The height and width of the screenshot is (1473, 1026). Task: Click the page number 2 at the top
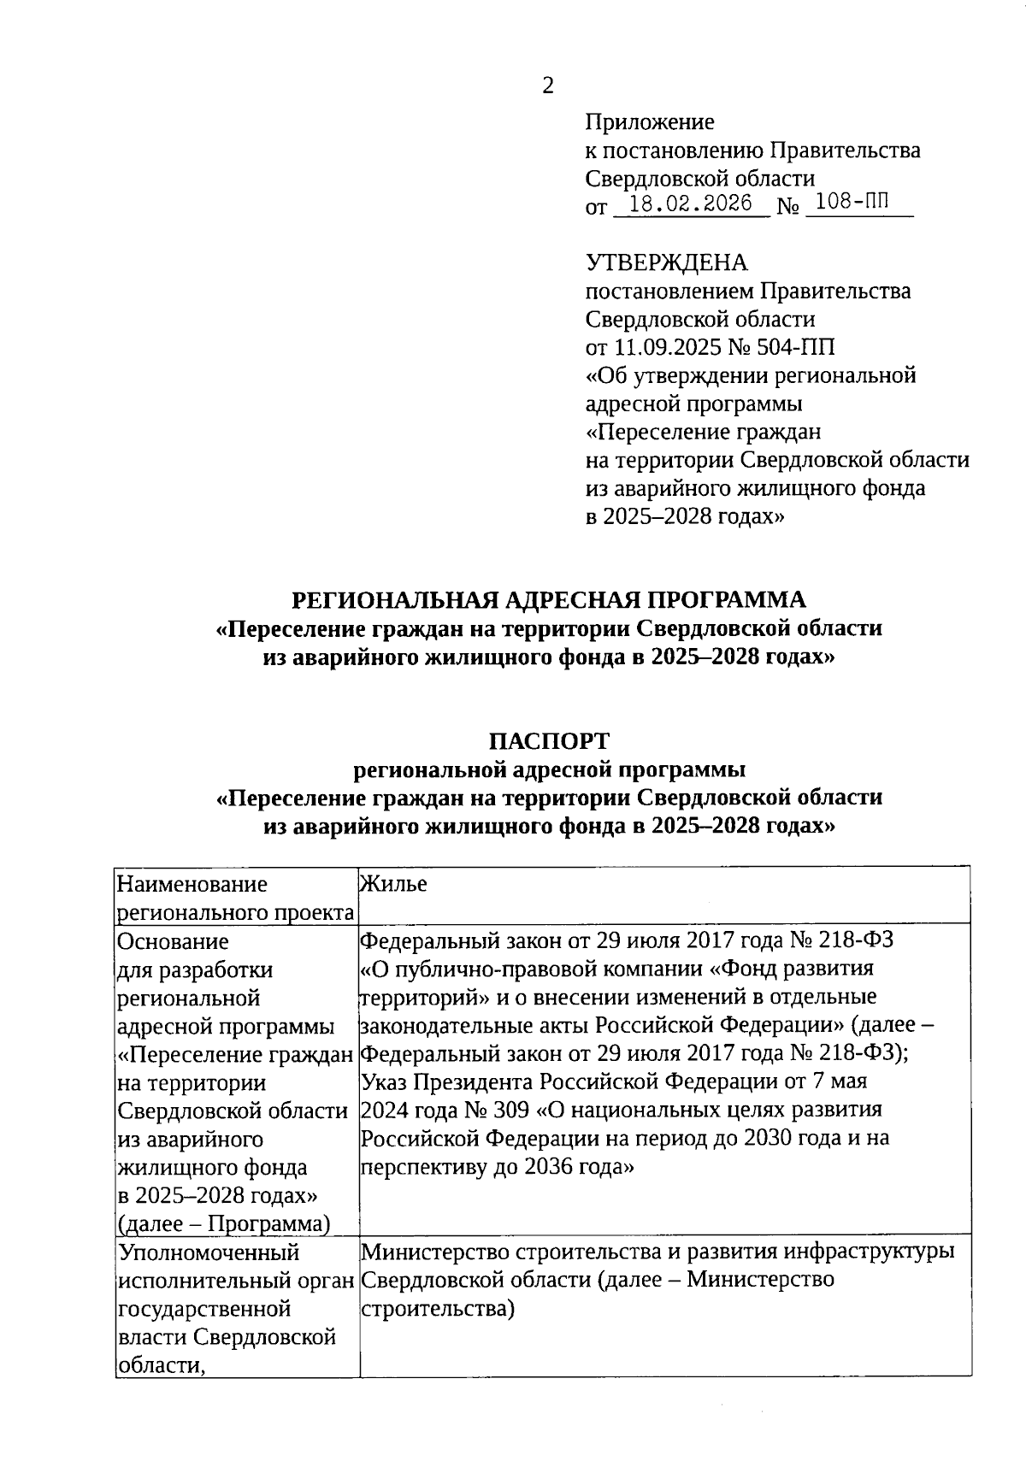point(548,85)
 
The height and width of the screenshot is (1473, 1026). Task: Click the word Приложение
point(649,122)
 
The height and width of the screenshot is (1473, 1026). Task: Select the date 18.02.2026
point(690,203)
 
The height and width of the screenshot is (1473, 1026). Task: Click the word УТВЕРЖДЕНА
point(666,262)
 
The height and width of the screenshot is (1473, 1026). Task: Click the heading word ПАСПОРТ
point(549,740)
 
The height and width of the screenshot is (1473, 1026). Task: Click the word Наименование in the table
point(192,884)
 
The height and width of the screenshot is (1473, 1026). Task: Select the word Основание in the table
point(174,941)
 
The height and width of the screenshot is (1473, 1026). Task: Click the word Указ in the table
point(385,1081)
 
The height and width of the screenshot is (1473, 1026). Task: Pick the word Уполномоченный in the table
point(209,1252)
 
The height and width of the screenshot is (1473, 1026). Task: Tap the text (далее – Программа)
point(224,1223)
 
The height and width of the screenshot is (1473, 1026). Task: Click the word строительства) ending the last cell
point(438,1308)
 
